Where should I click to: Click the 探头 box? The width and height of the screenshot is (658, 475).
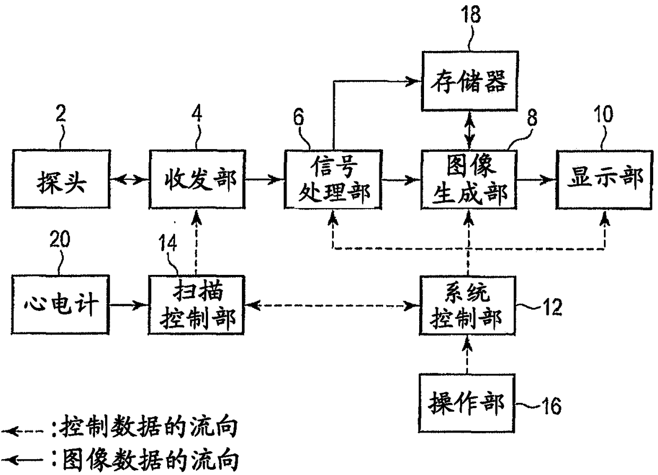pos(61,179)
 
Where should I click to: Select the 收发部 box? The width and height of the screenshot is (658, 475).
pos(197,179)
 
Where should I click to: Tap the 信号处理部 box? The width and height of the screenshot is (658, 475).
pos(333,179)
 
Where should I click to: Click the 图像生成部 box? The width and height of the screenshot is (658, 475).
pos(469,179)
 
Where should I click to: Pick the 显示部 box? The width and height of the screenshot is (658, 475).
pos(604,179)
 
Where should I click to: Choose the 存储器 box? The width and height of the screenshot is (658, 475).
pos(470,81)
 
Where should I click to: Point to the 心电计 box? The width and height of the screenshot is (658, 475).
pos(60,305)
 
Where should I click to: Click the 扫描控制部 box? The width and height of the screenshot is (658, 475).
pos(196,305)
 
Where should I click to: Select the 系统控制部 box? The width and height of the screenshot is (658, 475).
pos(467,306)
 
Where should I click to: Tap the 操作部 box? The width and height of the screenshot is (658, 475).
pos(467,403)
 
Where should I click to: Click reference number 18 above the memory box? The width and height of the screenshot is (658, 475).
pos(471,14)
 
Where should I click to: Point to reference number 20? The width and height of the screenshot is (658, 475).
pos(60,239)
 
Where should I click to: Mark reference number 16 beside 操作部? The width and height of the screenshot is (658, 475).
pos(552,406)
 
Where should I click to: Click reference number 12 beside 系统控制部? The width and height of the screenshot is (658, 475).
pos(552,307)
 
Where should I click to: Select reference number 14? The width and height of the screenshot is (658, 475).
pos(168,243)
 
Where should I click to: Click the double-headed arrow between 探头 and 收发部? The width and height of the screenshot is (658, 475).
pos(129,179)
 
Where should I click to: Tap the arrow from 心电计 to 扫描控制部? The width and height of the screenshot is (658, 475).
pos(129,305)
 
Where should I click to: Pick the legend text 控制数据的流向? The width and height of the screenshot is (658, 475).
pos(149,427)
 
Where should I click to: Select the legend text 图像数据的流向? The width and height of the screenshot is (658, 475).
pos(150,460)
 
